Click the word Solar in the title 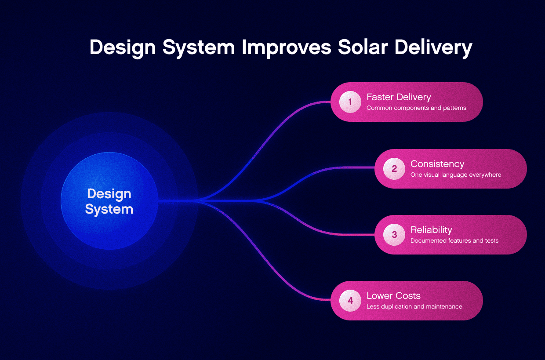pyautogui.click(x=363, y=47)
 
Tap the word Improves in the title pyautogui.click(x=287, y=48)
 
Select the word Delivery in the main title pyautogui.click(x=433, y=48)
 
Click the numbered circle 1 pyautogui.click(x=350, y=102)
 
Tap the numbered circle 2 pyautogui.click(x=394, y=169)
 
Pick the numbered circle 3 pyautogui.click(x=394, y=235)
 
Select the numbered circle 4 pyautogui.click(x=350, y=301)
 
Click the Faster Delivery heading pyautogui.click(x=399, y=97)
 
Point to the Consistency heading pyautogui.click(x=437, y=164)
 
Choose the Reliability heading pyautogui.click(x=431, y=230)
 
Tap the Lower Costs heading pyautogui.click(x=393, y=296)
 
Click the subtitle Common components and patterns pyautogui.click(x=416, y=108)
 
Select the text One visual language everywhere pyautogui.click(x=456, y=175)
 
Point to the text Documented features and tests pyautogui.click(x=454, y=240)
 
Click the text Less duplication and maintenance pyautogui.click(x=414, y=306)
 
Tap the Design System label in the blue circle pyautogui.click(x=109, y=202)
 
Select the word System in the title pyautogui.click(x=199, y=48)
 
